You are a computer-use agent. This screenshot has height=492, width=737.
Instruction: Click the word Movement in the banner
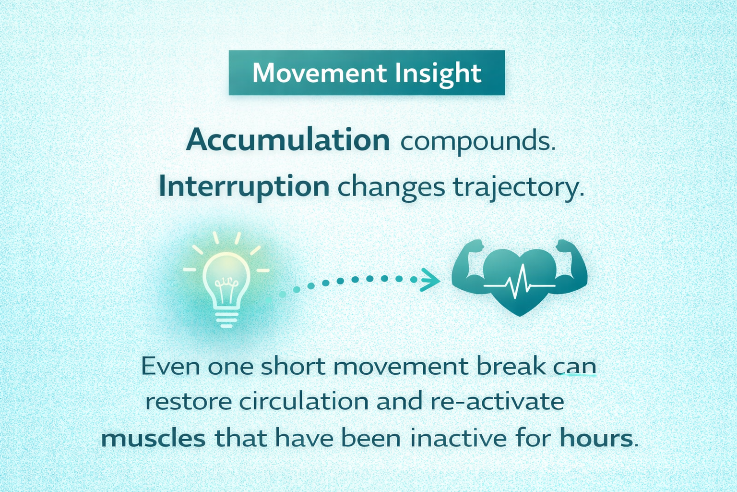click(x=320, y=73)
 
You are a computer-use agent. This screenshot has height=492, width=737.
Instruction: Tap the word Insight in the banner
click(x=438, y=73)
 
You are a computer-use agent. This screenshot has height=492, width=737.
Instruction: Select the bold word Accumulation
click(x=288, y=140)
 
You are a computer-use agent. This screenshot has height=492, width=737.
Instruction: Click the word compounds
click(x=477, y=141)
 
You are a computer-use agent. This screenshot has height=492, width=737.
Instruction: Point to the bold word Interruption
click(x=244, y=186)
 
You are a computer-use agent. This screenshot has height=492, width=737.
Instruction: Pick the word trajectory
click(x=519, y=187)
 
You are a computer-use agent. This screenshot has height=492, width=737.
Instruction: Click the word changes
click(x=391, y=187)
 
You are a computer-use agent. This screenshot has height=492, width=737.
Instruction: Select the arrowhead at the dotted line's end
click(x=429, y=280)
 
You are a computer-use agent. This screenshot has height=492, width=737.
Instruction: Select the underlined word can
click(x=575, y=367)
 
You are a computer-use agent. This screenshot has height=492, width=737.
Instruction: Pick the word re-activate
click(x=497, y=402)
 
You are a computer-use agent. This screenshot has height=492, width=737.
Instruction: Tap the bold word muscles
click(x=154, y=438)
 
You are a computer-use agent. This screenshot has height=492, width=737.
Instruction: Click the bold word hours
click(x=596, y=438)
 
